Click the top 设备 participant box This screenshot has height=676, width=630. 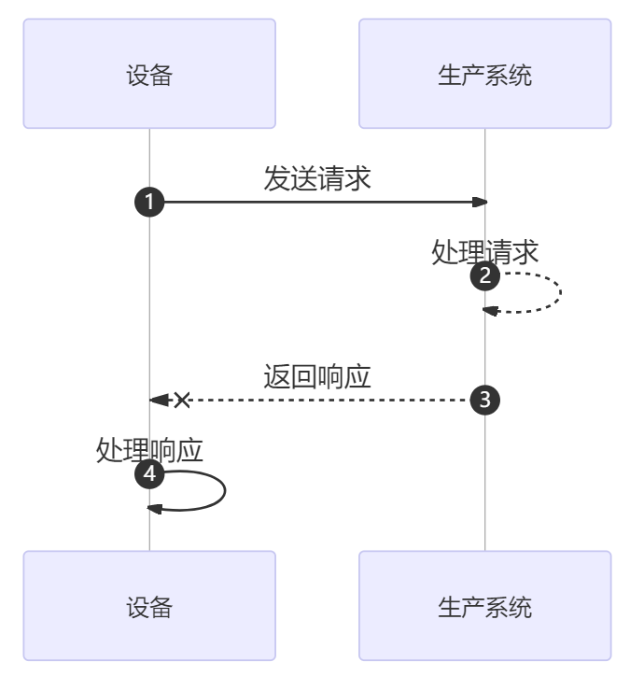[x=149, y=74]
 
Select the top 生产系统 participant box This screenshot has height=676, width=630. [x=484, y=74]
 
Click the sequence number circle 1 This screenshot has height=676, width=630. [x=149, y=202]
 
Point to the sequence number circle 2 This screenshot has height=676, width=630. [x=485, y=276]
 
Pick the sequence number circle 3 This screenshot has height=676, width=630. [x=485, y=400]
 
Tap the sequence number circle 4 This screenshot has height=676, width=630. [x=149, y=474]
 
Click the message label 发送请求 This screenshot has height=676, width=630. [x=317, y=178]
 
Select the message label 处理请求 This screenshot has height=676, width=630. [x=485, y=252]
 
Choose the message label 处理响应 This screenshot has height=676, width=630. [x=149, y=450]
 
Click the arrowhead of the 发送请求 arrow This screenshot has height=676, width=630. [x=481, y=202]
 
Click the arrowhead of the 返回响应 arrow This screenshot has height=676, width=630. [x=159, y=400]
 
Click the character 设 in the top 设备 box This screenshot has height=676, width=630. [x=137, y=75]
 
